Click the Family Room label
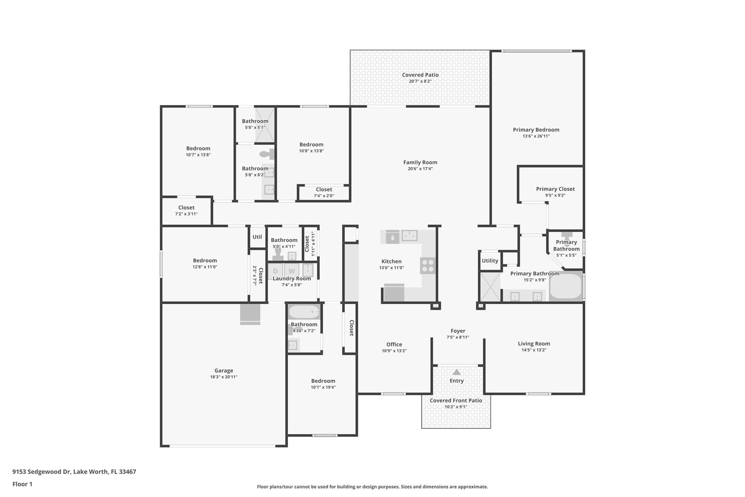tap(420, 162)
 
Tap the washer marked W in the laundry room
tap(291, 271)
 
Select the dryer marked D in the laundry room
tap(275, 271)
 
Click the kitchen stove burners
tap(428, 265)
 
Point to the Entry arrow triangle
tap(456, 372)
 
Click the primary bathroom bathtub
tap(565, 286)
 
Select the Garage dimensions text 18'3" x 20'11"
tap(223, 377)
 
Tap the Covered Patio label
tap(420, 75)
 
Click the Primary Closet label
tap(555, 189)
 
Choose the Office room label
tap(394, 344)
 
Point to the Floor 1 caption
tap(22, 484)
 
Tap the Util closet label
tap(257, 237)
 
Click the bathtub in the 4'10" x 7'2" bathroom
tap(304, 312)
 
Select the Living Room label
tap(534, 343)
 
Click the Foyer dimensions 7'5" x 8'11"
tap(458, 337)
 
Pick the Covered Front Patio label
tap(456, 400)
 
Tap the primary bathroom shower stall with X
tap(490, 287)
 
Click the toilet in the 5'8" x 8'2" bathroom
tap(267, 154)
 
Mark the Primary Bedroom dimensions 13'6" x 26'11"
tap(536, 136)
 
